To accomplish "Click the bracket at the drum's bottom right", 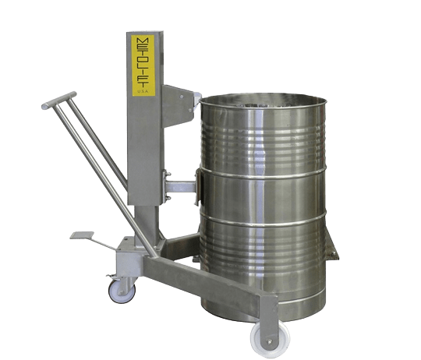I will tap(334, 254).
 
